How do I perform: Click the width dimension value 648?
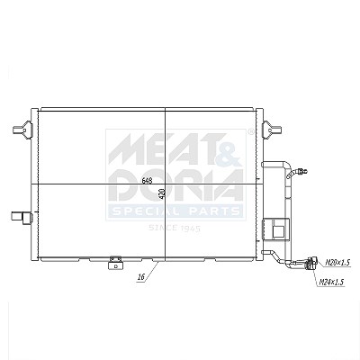point(147,181)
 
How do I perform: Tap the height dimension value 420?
point(162,193)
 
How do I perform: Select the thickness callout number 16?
point(141,277)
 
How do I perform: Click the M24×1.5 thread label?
point(331,282)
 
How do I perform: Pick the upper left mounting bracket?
point(22,130)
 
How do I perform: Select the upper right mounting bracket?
point(272,130)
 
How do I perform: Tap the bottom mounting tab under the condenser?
point(115,263)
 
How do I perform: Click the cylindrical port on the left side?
point(22,217)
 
